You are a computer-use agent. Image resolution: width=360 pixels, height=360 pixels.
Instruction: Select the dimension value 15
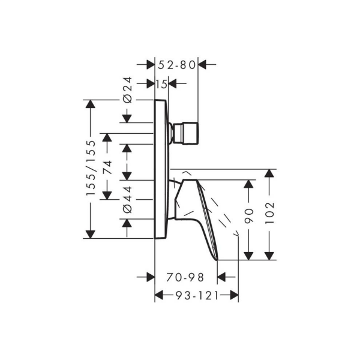pos(161,85)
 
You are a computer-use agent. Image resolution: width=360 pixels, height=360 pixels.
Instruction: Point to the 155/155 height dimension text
pos(91,169)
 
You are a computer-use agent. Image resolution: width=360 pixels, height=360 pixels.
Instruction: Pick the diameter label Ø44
pos(127,199)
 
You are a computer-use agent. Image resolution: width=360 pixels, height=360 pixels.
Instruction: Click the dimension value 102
pos(270,214)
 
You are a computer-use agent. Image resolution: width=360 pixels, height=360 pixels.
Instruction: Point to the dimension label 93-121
pos(196,295)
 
